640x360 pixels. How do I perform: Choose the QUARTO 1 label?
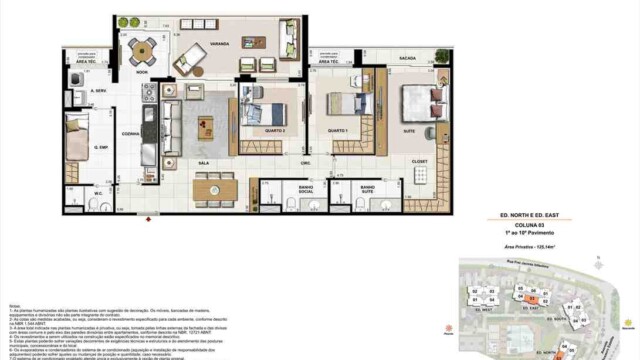[338, 131]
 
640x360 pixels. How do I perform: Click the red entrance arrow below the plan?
[150, 217]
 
